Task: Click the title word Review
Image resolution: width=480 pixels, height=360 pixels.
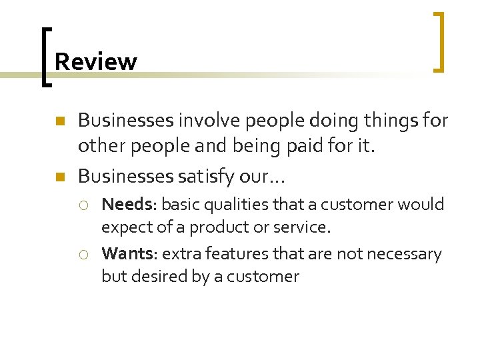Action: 95,62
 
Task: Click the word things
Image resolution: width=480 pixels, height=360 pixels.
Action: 387,121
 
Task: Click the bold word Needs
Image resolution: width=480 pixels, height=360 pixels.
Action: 127,204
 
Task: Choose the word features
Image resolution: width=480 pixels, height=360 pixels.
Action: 228,254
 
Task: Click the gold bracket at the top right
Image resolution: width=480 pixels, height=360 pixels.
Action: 439,41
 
